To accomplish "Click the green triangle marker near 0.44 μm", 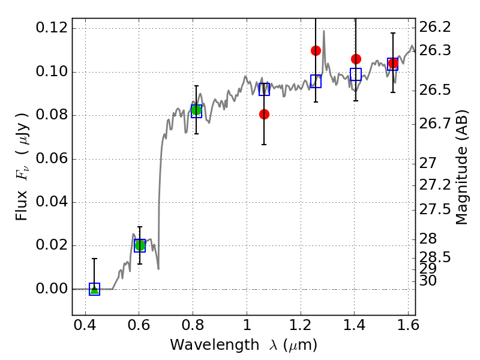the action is pyautogui.click(x=95, y=290).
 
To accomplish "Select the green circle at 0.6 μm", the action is pyautogui.click(x=140, y=245).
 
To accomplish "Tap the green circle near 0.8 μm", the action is pyautogui.click(x=196, y=110).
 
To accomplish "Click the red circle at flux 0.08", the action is pyautogui.click(x=264, y=115).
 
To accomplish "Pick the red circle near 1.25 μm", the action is pyautogui.click(x=316, y=50).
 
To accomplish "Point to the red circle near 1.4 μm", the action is pyautogui.click(x=356, y=59).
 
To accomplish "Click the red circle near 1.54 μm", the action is pyautogui.click(x=393, y=64).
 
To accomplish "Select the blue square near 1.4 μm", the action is pyautogui.click(x=356, y=74).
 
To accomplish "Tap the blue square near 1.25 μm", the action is pyautogui.click(x=316, y=81).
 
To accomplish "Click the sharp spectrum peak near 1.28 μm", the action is pyautogui.click(x=324, y=31).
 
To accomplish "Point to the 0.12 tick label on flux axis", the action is pyautogui.click(x=52, y=28).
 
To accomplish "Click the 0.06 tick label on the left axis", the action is pyautogui.click(x=52, y=158).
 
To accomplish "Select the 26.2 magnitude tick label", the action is pyautogui.click(x=434, y=28).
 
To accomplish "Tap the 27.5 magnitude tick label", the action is pyautogui.click(x=434, y=209).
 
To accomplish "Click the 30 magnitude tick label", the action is pyautogui.click(x=428, y=281).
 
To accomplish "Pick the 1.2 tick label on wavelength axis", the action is pyautogui.click(x=301, y=325).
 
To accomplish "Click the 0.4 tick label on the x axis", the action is pyautogui.click(x=85, y=325).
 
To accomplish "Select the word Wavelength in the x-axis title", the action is pyautogui.click(x=215, y=345).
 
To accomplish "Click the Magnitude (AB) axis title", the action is pyautogui.click(x=461, y=167).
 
